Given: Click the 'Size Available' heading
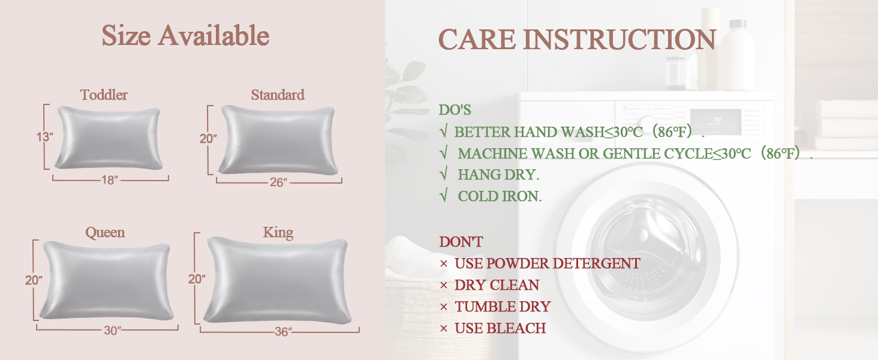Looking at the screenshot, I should pyautogui.click(x=185, y=36).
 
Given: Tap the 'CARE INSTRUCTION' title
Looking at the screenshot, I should pyautogui.click(x=577, y=40).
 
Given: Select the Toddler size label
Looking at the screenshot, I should pyautogui.click(x=104, y=95).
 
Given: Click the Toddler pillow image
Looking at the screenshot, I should pyautogui.click(x=109, y=137).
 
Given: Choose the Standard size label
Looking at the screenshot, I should pyautogui.click(x=278, y=95).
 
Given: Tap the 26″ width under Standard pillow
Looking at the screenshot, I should pyautogui.click(x=278, y=182).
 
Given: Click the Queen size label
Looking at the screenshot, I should pyautogui.click(x=105, y=232).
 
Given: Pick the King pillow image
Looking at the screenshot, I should pyautogui.click(x=279, y=279).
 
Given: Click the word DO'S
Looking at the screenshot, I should pyautogui.click(x=455, y=110).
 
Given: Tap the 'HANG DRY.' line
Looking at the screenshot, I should pyautogui.click(x=498, y=175).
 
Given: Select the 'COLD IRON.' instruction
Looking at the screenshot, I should pyautogui.click(x=499, y=196).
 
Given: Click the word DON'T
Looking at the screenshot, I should pyautogui.click(x=461, y=242).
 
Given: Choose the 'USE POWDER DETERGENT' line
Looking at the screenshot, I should pyautogui.click(x=546, y=263).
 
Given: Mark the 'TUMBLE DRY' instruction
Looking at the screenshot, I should pyautogui.click(x=502, y=307).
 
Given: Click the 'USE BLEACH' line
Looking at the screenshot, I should pyautogui.click(x=500, y=328).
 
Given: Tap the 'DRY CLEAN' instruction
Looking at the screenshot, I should pyautogui.click(x=497, y=285).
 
